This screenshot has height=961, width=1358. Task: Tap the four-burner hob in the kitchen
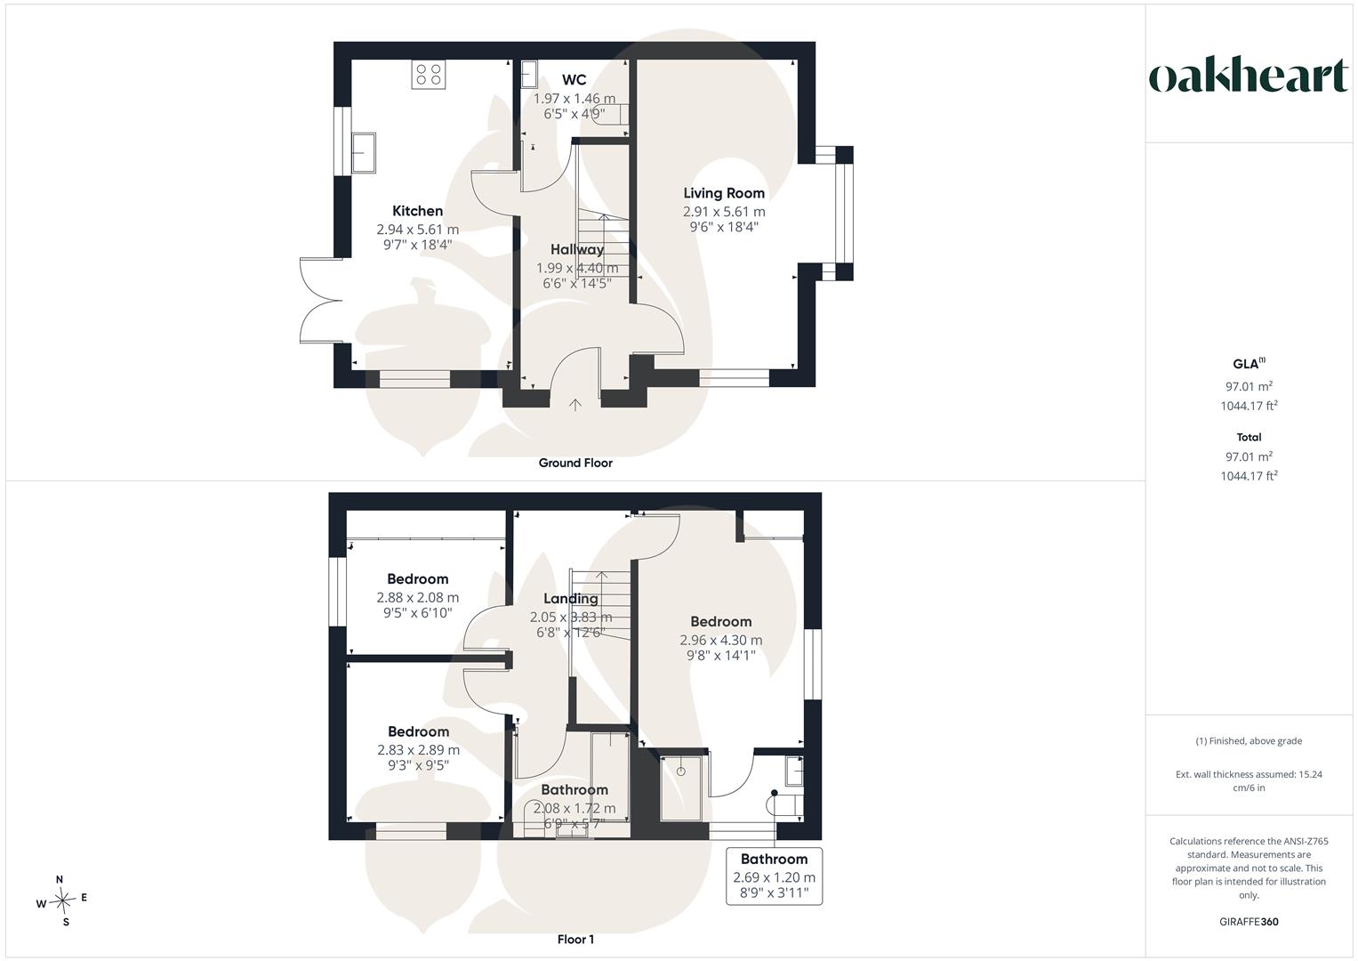tap(429, 75)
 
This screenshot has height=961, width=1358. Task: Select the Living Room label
tap(724, 193)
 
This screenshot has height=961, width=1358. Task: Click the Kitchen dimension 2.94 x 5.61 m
tap(418, 230)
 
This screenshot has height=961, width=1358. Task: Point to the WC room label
tap(575, 79)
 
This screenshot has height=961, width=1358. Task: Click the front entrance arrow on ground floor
tap(575, 405)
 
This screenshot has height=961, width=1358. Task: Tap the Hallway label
tap(577, 249)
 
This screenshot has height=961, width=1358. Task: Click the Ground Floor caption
tap(575, 463)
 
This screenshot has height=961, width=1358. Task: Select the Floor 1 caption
tap(575, 939)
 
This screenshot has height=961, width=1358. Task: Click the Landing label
tap(570, 599)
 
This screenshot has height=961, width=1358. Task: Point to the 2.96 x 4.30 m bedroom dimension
tap(721, 640)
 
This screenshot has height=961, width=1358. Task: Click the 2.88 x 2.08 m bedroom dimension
tap(418, 598)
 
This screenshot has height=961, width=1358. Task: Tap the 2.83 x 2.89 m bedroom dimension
tap(418, 750)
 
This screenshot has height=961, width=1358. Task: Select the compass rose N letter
tap(60, 879)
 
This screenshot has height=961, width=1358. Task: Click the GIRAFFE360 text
tap(1249, 922)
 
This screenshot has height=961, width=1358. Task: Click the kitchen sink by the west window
tap(364, 152)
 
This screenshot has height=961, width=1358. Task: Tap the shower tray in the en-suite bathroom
tap(681, 788)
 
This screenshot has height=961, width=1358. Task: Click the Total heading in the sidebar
tap(1249, 437)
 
